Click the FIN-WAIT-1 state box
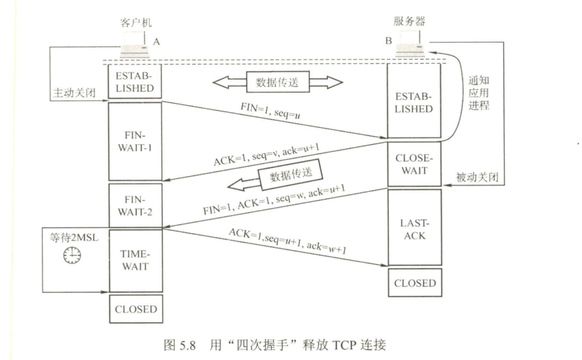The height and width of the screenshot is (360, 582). (134, 142)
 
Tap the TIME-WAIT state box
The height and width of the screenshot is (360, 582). (134, 259)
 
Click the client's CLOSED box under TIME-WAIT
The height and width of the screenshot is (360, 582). (134, 309)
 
